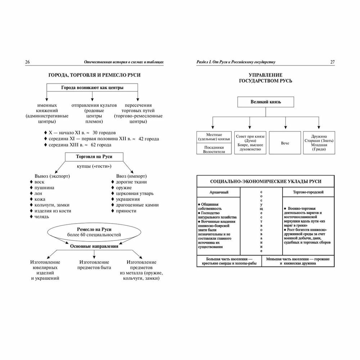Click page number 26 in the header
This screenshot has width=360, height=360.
pyautogui.click(x=27, y=62)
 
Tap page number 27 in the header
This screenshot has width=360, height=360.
pyautogui.click(x=332, y=62)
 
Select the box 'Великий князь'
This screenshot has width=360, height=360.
pyautogui.click(x=266, y=102)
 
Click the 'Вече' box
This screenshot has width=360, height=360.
pyautogui.click(x=285, y=143)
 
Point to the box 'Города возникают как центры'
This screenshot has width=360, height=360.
pyautogui.click(x=92, y=87)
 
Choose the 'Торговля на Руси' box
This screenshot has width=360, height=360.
pyautogui.click(x=94, y=157)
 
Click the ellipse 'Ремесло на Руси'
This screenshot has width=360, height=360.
pyautogui.click(x=94, y=232)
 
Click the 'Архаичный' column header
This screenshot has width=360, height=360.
pyautogui.click(x=219, y=192)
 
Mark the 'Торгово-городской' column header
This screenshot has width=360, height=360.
pyautogui.click(x=308, y=192)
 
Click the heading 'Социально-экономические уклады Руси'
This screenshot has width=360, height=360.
pyautogui.click(x=266, y=181)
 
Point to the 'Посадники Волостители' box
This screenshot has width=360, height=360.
pyautogui.click(x=214, y=149)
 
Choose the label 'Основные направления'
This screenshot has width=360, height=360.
pyautogui.click(x=94, y=247)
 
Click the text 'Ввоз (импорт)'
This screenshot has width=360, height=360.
pyautogui.click(x=128, y=176)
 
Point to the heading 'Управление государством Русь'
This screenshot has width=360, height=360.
pyautogui.click(x=266, y=78)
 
